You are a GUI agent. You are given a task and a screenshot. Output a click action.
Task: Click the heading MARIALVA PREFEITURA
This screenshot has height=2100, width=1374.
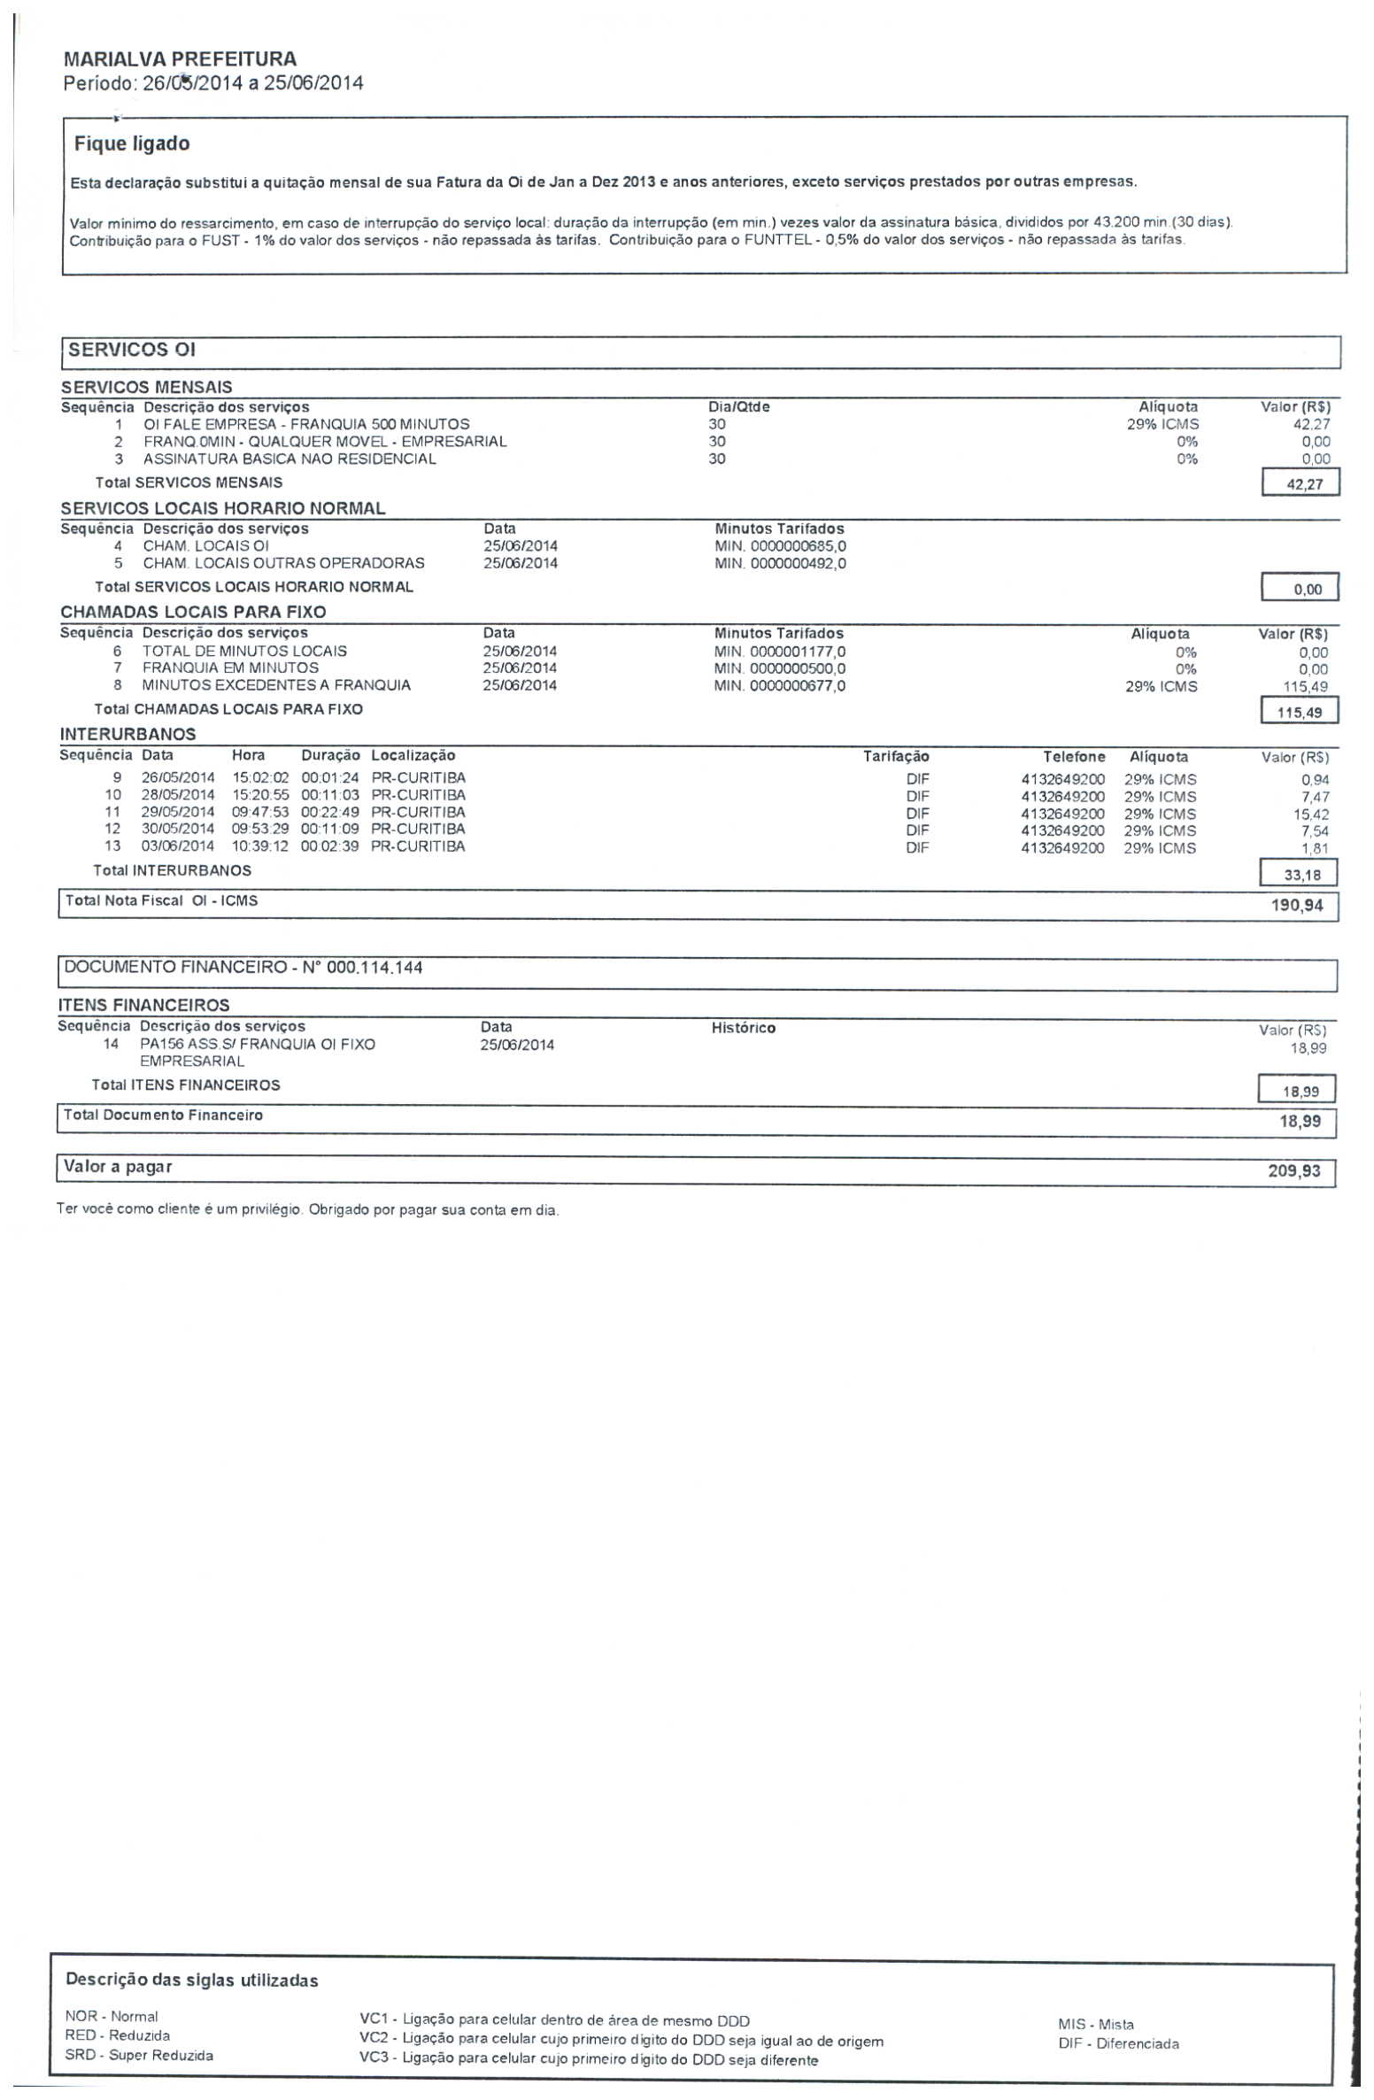180,59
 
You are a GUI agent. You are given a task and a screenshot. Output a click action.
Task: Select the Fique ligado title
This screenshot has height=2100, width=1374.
132,143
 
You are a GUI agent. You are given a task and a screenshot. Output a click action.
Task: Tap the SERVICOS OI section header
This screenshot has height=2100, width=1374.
131,350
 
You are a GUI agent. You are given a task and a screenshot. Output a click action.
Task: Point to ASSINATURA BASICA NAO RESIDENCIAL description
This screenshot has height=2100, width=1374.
289,459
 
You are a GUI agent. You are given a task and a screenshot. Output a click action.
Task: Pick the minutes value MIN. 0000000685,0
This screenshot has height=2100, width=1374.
780,546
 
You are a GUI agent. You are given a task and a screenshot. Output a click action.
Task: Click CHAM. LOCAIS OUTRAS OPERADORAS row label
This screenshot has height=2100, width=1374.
283,563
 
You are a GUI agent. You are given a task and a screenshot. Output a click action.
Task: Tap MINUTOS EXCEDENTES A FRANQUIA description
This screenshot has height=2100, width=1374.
276,685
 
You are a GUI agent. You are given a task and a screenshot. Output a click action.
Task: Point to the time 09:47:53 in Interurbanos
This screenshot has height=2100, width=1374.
260,812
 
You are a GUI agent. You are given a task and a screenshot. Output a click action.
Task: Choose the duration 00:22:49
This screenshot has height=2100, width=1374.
330,812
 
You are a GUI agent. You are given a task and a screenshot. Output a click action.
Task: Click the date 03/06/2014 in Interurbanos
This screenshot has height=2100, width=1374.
178,846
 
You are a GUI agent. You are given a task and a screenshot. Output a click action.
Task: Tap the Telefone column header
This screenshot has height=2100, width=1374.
1074,757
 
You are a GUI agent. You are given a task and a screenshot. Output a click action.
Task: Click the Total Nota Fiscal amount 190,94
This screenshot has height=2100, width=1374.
1296,906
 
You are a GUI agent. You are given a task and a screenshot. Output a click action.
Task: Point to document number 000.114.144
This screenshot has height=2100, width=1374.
374,968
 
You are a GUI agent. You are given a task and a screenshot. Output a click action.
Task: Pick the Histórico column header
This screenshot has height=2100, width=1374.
744,1028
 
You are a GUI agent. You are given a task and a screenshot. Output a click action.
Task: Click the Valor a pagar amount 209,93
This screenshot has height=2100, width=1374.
1293,1171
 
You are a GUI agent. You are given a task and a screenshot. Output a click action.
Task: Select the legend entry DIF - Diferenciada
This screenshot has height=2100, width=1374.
1118,2043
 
